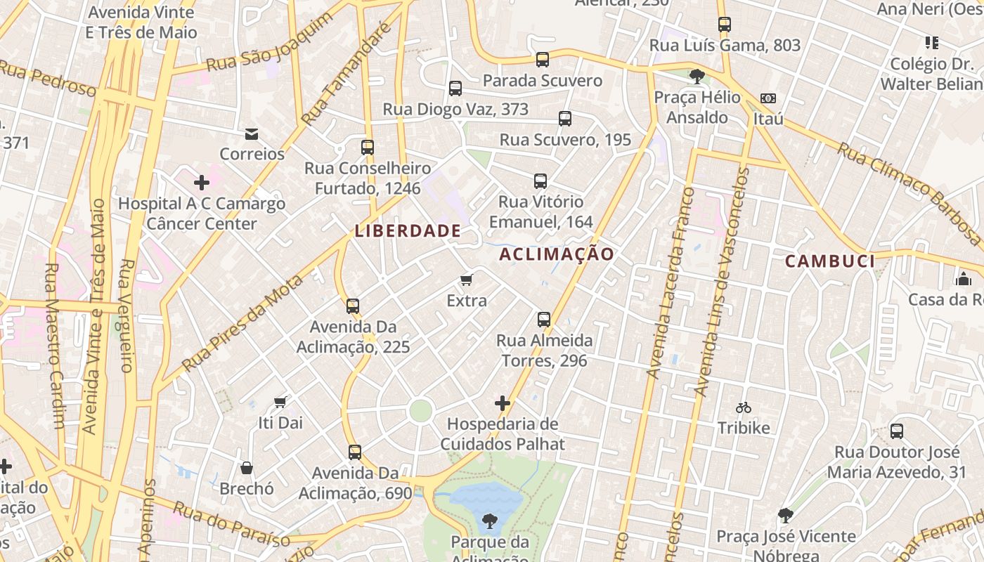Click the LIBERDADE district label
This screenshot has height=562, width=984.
408,230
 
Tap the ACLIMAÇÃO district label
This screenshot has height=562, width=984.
557,254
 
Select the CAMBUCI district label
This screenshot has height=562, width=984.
830,261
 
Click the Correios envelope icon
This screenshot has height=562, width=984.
251,134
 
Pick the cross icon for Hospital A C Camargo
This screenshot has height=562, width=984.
202,183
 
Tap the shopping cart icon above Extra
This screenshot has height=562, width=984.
466,280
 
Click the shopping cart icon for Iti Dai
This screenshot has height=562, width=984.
280,403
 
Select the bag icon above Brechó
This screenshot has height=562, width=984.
247,468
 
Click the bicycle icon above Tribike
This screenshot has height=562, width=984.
744,407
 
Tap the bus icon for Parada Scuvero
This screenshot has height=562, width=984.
542,60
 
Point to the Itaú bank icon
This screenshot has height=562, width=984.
768,98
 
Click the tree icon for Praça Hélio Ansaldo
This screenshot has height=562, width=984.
697,76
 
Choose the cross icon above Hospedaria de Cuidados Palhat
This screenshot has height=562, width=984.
502,403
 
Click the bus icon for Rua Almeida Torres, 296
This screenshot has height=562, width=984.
543,320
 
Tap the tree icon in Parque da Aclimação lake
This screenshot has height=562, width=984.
489,521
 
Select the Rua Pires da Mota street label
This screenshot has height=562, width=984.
243,322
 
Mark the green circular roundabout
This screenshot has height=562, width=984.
420,410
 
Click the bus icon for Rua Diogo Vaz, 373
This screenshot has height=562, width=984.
455,89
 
